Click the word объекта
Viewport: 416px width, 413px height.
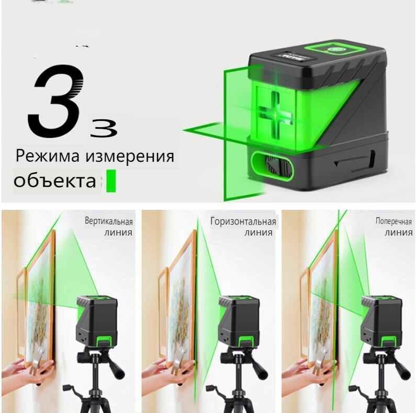pyautogui.click(x=54, y=181)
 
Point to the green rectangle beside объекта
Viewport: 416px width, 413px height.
pyautogui.click(x=111, y=181)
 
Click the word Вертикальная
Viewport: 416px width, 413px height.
pyautogui.click(x=109, y=221)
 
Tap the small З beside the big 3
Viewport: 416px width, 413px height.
pyautogui.click(x=104, y=129)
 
